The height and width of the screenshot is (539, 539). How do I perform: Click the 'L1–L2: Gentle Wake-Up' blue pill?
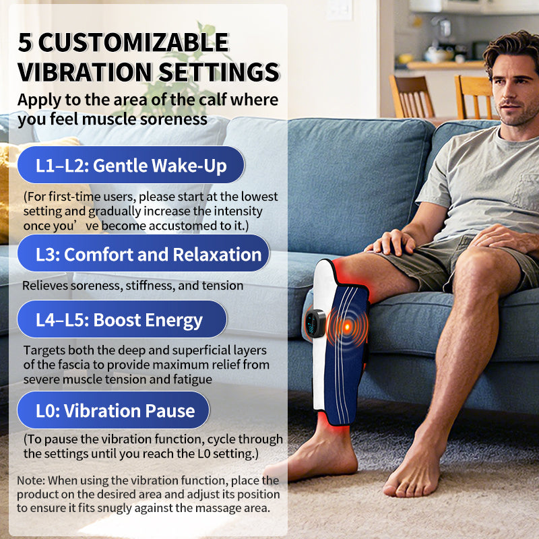coord(131,165)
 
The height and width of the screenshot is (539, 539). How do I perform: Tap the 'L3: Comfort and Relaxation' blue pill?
coord(144,254)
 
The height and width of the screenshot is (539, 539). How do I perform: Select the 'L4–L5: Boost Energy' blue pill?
coord(122,319)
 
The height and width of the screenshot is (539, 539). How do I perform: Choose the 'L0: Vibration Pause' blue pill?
coord(113,410)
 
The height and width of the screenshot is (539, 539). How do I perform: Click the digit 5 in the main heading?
coord(24,42)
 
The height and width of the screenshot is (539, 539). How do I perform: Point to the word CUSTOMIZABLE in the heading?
coord(133,42)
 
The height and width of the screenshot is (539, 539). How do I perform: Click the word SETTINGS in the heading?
coord(218,72)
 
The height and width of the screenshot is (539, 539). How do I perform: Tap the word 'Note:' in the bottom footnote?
coord(31,480)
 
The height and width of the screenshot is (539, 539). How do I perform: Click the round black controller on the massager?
coord(315,323)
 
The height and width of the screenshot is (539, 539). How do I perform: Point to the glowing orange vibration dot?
coord(347,326)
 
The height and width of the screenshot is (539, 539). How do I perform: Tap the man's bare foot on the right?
coord(412,474)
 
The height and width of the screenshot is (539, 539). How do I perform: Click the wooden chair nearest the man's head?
coord(474,97)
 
